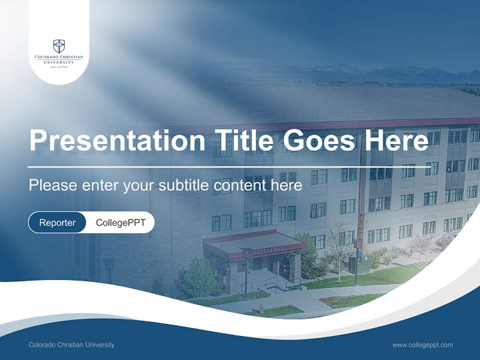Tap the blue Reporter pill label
[57, 222]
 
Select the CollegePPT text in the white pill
[120, 222]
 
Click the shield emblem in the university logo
[59, 46]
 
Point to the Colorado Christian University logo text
[59, 59]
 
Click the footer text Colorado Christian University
[71, 344]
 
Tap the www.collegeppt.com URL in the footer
[422, 344]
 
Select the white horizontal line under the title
[228, 166]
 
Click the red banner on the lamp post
[357, 243]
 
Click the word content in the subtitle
[251, 185]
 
